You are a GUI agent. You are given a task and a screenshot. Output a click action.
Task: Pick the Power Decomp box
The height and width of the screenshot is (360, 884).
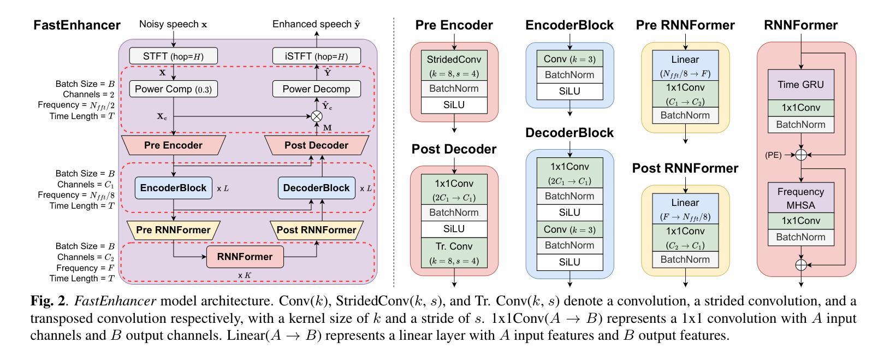tap(316, 89)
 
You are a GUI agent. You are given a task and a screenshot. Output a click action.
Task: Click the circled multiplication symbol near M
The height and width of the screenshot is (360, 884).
tap(316, 116)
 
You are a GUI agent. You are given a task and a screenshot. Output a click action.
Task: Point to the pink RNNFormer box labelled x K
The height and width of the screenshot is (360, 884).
tap(245, 256)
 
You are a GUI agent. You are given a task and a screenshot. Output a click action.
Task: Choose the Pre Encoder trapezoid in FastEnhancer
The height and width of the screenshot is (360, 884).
tap(173, 145)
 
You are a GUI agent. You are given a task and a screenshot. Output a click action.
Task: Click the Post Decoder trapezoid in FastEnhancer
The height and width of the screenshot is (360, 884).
tap(316, 145)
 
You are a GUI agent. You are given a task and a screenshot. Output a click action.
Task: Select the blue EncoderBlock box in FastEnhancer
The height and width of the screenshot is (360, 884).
tap(173, 188)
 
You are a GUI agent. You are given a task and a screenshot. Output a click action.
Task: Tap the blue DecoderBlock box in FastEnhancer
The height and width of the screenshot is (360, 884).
tap(316, 188)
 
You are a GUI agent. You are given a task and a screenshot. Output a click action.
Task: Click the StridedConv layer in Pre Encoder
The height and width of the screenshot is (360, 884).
tap(454, 65)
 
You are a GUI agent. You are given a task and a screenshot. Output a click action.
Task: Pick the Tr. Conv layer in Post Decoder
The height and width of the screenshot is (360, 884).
tap(454, 252)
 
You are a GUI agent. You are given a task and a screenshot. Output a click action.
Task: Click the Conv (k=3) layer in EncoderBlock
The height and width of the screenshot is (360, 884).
tap(569, 58)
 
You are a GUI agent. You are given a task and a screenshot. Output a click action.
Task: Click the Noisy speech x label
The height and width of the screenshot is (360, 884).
tap(173, 25)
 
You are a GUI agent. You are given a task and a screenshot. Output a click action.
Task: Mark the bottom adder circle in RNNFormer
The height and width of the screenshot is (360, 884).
tap(800, 265)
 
